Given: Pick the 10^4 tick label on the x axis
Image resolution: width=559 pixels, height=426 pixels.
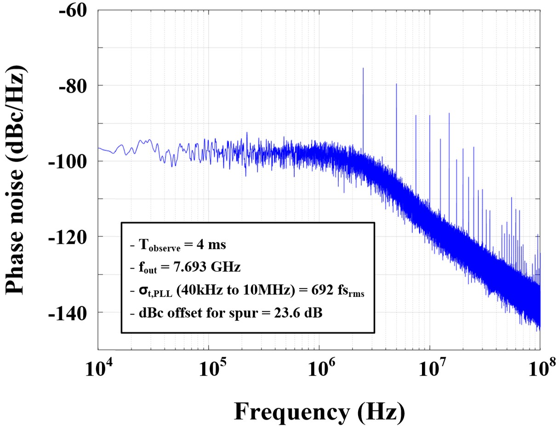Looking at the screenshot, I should (x=98, y=369).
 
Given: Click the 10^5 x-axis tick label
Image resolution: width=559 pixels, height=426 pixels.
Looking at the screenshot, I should (x=209, y=369).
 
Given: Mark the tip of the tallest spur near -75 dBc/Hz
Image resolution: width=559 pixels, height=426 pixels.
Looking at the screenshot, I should (x=363, y=68).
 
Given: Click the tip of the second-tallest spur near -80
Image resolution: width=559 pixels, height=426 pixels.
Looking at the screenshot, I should (x=396, y=84).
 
